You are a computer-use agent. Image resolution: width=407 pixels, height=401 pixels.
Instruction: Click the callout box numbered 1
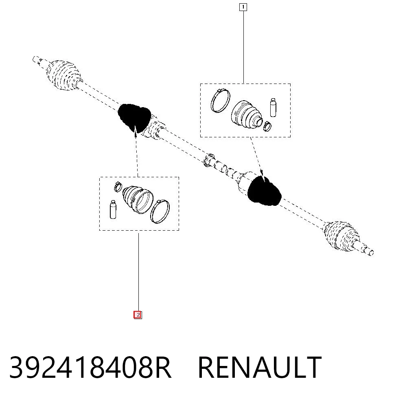(243, 7)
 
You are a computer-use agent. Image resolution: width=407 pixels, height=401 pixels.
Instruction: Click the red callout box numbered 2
(138, 315)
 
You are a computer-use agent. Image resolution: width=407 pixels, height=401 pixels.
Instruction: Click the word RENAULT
(260, 368)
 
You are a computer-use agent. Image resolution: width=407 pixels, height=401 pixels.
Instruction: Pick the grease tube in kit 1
(273, 107)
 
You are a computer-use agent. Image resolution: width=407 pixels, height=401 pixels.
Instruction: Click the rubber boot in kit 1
(246, 115)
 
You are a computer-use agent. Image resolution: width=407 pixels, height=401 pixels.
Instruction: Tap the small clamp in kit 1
(267, 126)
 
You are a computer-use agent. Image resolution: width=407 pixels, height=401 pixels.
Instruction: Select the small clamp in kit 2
(118, 187)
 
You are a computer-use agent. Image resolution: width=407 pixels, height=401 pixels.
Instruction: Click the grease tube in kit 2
(113, 209)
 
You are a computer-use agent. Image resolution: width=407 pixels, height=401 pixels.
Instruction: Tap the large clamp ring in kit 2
(160, 211)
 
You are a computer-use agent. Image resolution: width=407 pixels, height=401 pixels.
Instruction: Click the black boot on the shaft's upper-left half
(134, 118)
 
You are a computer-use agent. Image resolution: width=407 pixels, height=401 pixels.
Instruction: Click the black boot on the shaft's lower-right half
(264, 191)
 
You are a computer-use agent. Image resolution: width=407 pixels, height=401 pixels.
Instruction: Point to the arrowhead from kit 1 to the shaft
(262, 174)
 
